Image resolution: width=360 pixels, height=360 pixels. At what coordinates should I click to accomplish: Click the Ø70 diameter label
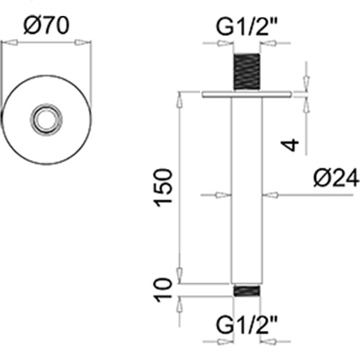[46, 26]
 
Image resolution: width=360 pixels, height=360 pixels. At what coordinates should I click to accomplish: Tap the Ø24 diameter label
[336, 178]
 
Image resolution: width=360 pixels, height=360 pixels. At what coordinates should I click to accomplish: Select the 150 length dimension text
[163, 188]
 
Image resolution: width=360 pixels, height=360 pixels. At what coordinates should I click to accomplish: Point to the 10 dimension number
[163, 290]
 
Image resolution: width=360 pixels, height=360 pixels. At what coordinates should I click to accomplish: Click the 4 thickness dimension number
[290, 145]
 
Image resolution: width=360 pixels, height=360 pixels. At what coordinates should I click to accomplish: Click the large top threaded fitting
[246, 71]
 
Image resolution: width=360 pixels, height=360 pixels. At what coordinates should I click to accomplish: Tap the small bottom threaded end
[246, 291]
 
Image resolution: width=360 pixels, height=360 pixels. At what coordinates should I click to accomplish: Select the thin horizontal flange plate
[246, 94]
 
